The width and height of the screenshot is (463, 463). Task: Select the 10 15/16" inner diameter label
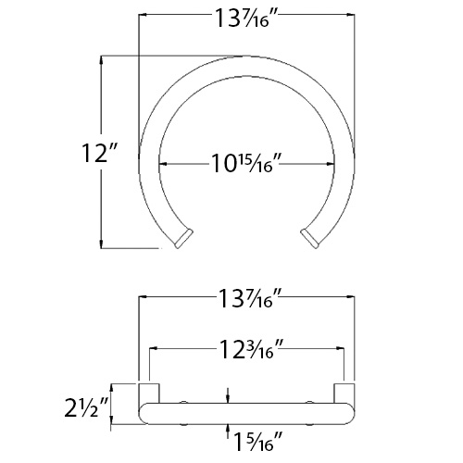coord(244,164)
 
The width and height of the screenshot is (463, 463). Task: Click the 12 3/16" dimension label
coord(246,349)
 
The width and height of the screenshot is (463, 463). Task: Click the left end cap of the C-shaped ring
coord(181,239)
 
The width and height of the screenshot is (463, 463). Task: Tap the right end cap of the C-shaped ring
coord(311,238)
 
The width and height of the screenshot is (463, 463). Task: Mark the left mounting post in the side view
coord(145,392)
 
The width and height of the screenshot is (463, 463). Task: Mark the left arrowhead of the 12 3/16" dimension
coord(154,349)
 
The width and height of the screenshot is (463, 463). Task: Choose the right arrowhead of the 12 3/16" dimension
coord(341,349)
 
